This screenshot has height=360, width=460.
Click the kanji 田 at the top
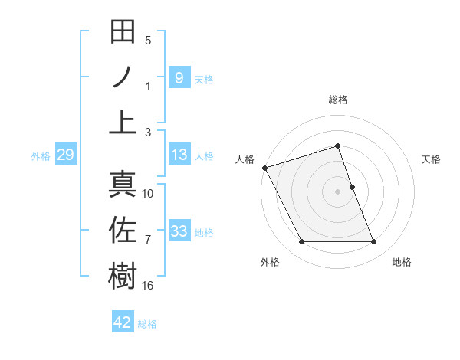click(x=123, y=32)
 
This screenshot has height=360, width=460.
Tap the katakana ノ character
click(x=123, y=77)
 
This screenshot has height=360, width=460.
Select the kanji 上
click(x=123, y=121)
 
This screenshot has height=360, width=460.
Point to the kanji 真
click(x=123, y=184)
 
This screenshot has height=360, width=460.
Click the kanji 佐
click(x=123, y=229)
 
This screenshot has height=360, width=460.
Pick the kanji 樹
click(x=123, y=274)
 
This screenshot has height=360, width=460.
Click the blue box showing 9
click(x=179, y=77)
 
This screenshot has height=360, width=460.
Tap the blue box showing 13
click(x=179, y=155)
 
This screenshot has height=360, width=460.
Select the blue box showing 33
click(x=179, y=231)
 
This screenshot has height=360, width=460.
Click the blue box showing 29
click(x=65, y=155)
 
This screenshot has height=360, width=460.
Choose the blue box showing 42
click(x=122, y=322)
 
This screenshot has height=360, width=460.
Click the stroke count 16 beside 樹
click(x=147, y=285)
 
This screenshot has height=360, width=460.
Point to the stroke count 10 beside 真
click(x=148, y=194)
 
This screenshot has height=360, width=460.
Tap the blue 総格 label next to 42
click(x=147, y=324)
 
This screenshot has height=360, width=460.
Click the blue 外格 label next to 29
click(x=41, y=156)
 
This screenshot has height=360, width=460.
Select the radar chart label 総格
click(x=337, y=100)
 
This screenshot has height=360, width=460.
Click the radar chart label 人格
click(x=245, y=159)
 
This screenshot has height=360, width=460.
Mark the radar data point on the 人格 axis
click(x=264, y=168)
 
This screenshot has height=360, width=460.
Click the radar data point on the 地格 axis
click(x=373, y=242)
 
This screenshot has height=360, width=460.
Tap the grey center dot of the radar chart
click(x=337, y=191)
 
